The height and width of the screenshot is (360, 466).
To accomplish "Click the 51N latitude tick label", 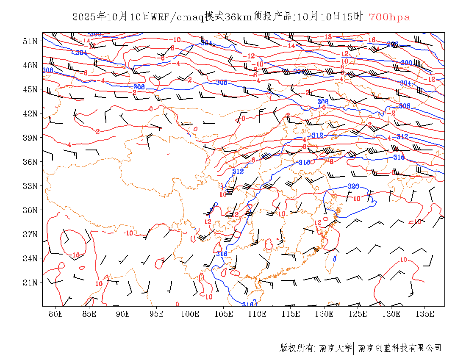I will [x=31, y=41].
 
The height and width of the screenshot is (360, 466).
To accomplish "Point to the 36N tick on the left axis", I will [x=31, y=162].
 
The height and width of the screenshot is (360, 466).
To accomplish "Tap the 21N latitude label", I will [x=31, y=282].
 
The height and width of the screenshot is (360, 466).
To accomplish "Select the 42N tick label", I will [x=31, y=114].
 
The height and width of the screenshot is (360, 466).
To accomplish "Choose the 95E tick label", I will [x=156, y=314].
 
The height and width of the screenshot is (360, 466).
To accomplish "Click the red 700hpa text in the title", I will [x=389, y=17].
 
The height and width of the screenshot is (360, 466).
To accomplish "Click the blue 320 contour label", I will [x=353, y=186].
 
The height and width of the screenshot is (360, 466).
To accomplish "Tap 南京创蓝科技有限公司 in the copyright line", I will [x=399, y=348].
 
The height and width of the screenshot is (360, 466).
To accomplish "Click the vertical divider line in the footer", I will [x=354, y=348].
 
